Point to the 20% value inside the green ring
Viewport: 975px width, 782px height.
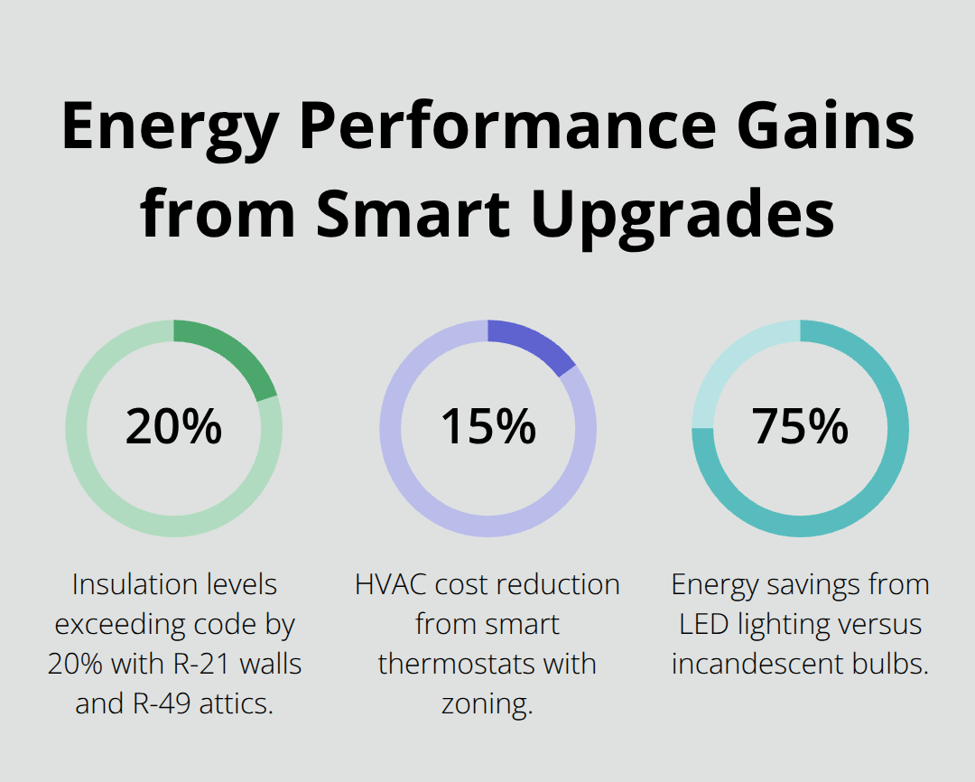click(x=173, y=426)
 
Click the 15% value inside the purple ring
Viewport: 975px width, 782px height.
click(x=487, y=426)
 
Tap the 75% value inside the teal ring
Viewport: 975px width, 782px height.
click(x=800, y=426)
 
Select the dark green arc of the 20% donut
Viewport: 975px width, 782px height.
click(x=235, y=352)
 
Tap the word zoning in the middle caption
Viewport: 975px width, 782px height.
click(x=486, y=703)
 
